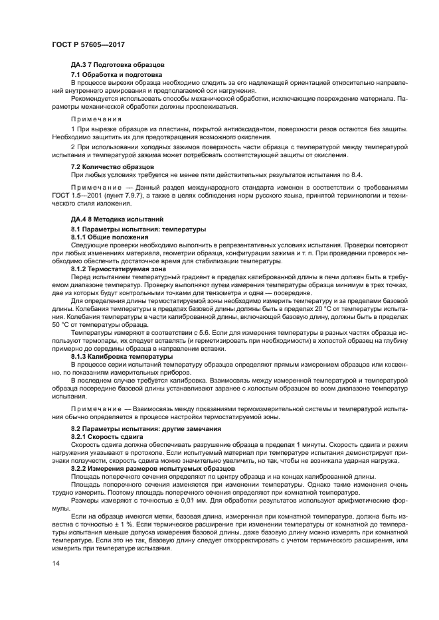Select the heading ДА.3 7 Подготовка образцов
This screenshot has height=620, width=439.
tap(113, 64)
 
